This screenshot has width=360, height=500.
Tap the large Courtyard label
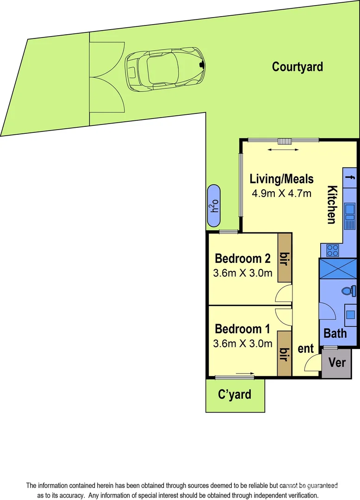297,67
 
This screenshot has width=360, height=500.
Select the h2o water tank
214,206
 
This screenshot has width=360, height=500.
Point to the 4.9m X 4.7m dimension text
281,193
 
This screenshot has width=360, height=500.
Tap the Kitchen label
332,204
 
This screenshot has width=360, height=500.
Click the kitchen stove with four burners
332,250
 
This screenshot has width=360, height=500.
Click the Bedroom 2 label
242,258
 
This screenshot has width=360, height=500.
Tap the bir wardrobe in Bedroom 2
284,257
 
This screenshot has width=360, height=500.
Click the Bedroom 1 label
242,329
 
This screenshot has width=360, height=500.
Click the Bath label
335,333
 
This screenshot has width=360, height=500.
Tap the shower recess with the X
338,269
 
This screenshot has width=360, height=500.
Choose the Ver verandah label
336,362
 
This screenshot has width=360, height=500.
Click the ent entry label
305,349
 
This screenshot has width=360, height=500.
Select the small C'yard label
235,394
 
